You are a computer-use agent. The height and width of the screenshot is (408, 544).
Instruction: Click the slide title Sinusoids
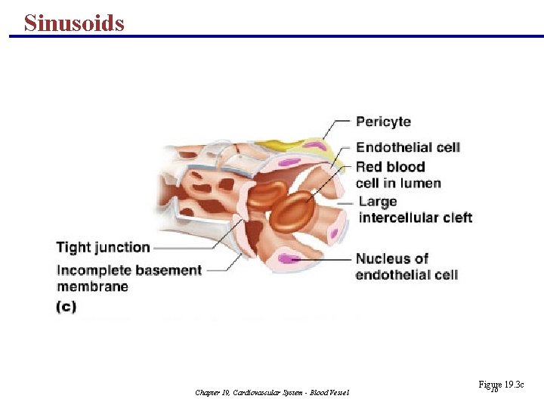74,23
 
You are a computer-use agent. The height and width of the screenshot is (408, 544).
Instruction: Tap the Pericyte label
383,122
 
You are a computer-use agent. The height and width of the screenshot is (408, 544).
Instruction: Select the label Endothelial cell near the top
407,147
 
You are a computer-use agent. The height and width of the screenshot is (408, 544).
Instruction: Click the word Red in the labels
369,167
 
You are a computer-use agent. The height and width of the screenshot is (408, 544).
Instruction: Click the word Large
378,202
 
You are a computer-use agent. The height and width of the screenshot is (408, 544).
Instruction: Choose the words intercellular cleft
415,218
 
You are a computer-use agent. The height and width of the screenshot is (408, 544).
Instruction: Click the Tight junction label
103,247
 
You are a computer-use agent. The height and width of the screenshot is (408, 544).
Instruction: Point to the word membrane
92,286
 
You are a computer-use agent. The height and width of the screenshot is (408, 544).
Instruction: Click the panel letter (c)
66,308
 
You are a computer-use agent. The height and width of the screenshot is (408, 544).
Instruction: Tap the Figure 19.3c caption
500,385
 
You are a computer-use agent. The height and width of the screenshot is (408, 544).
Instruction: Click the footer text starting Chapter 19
272,392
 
